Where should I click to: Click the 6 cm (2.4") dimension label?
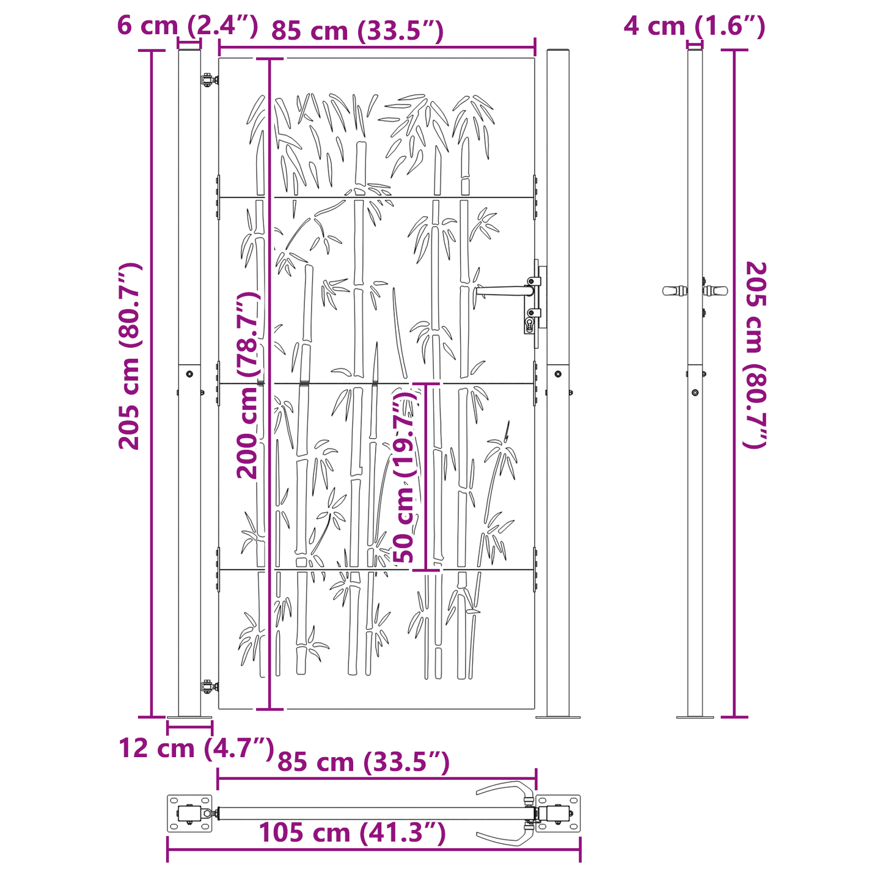click(187, 26)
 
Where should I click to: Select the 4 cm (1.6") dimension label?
click(694, 26)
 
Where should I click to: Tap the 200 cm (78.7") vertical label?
click(249, 385)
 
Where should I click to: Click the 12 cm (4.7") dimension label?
click(196, 747)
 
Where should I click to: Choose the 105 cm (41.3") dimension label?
click(352, 832)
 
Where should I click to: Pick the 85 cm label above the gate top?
click(357, 31)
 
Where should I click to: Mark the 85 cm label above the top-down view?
click(364, 762)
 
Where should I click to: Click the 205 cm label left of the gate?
click(130, 356)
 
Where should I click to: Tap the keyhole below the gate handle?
click(529, 323)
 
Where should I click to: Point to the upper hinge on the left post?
click(209, 79)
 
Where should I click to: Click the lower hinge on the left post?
click(209, 686)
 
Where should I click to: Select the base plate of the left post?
click(189, 717)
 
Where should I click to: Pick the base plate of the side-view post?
click(695, 717)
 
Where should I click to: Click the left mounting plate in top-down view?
click(189, 813)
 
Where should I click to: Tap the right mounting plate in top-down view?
click(558, 813)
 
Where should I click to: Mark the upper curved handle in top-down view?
click(504, 791)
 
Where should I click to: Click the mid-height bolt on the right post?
click(557, 374)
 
